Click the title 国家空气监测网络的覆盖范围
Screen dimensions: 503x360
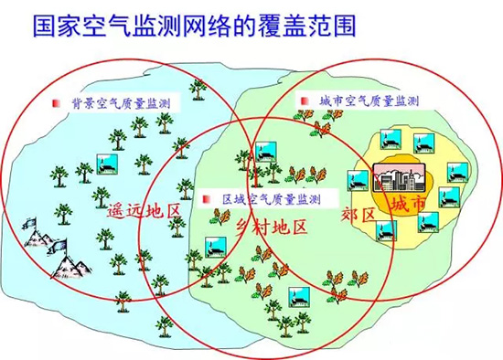[195, 26]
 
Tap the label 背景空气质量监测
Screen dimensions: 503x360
[121, 103]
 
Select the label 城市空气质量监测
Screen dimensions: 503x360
[369, 101]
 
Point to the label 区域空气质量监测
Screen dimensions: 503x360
[272, 199]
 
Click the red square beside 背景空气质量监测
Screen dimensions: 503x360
[57, 103]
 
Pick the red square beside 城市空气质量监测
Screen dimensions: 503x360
[305, 101]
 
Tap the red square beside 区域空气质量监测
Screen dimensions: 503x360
[207, 199]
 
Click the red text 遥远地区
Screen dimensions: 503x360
[144, 211]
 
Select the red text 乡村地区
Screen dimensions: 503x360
[272, 227]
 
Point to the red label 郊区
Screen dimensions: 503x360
[358, 214]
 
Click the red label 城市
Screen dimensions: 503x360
[408, 203]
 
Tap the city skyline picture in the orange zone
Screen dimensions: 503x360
[400, 178]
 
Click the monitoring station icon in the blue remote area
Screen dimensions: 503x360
[107, 164]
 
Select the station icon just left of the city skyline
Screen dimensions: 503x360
[359, 181]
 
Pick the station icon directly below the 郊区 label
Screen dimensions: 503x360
[386, 230]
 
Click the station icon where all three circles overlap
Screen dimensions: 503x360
[266, 152]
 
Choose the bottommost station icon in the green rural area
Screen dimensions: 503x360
[299, 297]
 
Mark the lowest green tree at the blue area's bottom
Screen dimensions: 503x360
[165, 326]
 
